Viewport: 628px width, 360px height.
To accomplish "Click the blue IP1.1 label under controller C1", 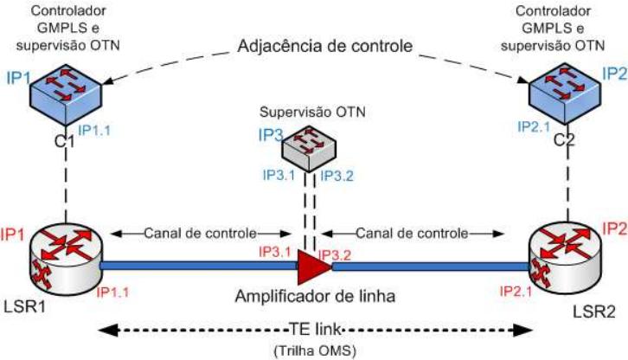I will (x=95, y=129).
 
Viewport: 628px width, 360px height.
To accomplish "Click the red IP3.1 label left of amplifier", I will (x=275, y=252).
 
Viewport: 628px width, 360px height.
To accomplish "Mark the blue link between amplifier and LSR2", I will (x=433, y=266).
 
